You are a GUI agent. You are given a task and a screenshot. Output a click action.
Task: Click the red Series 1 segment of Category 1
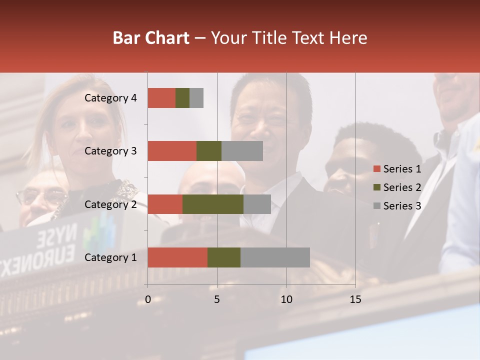click(x=177, y=257)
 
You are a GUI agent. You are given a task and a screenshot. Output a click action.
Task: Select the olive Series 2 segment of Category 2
click(x=213, y=204)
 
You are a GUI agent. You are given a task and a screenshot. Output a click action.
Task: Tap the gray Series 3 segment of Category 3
click(x=242, y=151)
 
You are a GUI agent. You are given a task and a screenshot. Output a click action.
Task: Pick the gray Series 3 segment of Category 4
click(x=196, y=98)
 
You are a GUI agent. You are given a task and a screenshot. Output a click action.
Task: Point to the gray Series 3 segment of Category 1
click(x=275, y=257)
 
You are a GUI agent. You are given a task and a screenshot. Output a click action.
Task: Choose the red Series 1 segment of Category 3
click(x=172, y=151)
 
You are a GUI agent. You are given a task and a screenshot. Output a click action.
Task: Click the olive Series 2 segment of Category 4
click(x=182, y=98)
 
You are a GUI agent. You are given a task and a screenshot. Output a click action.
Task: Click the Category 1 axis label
click(x=110, y=257)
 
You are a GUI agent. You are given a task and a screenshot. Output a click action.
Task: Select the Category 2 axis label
click(x=110, y=204)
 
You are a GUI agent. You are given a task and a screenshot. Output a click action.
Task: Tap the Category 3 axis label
click(x=110, y=151)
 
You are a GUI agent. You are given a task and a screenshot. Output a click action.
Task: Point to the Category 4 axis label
click(x=110, y=98)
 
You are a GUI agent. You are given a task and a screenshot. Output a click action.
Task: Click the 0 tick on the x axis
click(x=148, y=299)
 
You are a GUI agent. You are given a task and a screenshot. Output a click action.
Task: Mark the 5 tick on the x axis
click(x=217, y=299)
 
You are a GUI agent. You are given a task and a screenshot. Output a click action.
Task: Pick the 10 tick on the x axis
click(x=286, y=299)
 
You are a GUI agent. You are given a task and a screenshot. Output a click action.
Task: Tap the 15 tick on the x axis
click(x=355, y=299)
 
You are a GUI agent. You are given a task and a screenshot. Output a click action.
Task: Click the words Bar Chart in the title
click(x=151, y=38)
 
